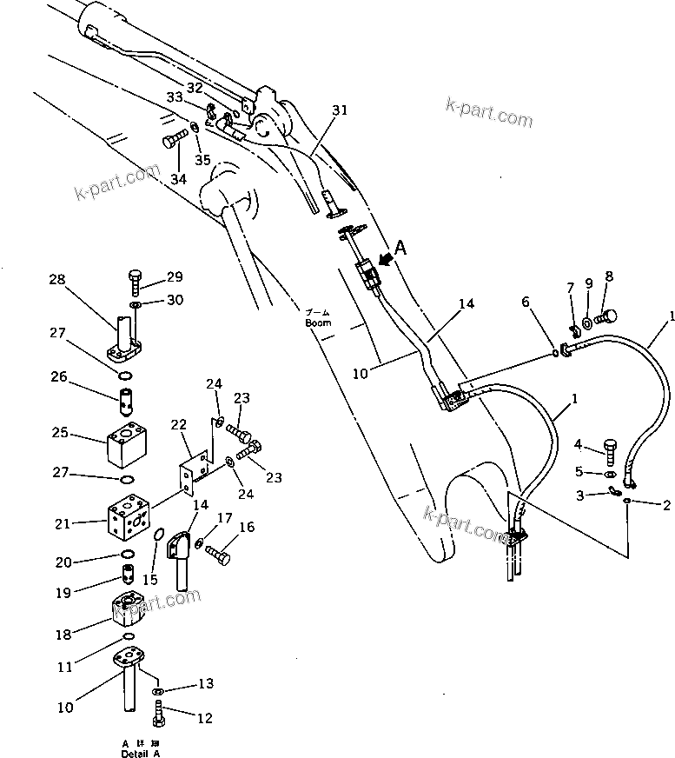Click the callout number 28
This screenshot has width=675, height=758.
(56, 280)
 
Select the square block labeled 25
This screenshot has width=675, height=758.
(127, 448)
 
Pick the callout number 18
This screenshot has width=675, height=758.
(64, 635)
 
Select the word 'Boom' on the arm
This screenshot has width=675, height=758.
(318, 322)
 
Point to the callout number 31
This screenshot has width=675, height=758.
(339, 110)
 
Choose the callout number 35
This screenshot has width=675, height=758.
(202, 160)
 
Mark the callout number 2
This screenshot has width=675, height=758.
(666, 504)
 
